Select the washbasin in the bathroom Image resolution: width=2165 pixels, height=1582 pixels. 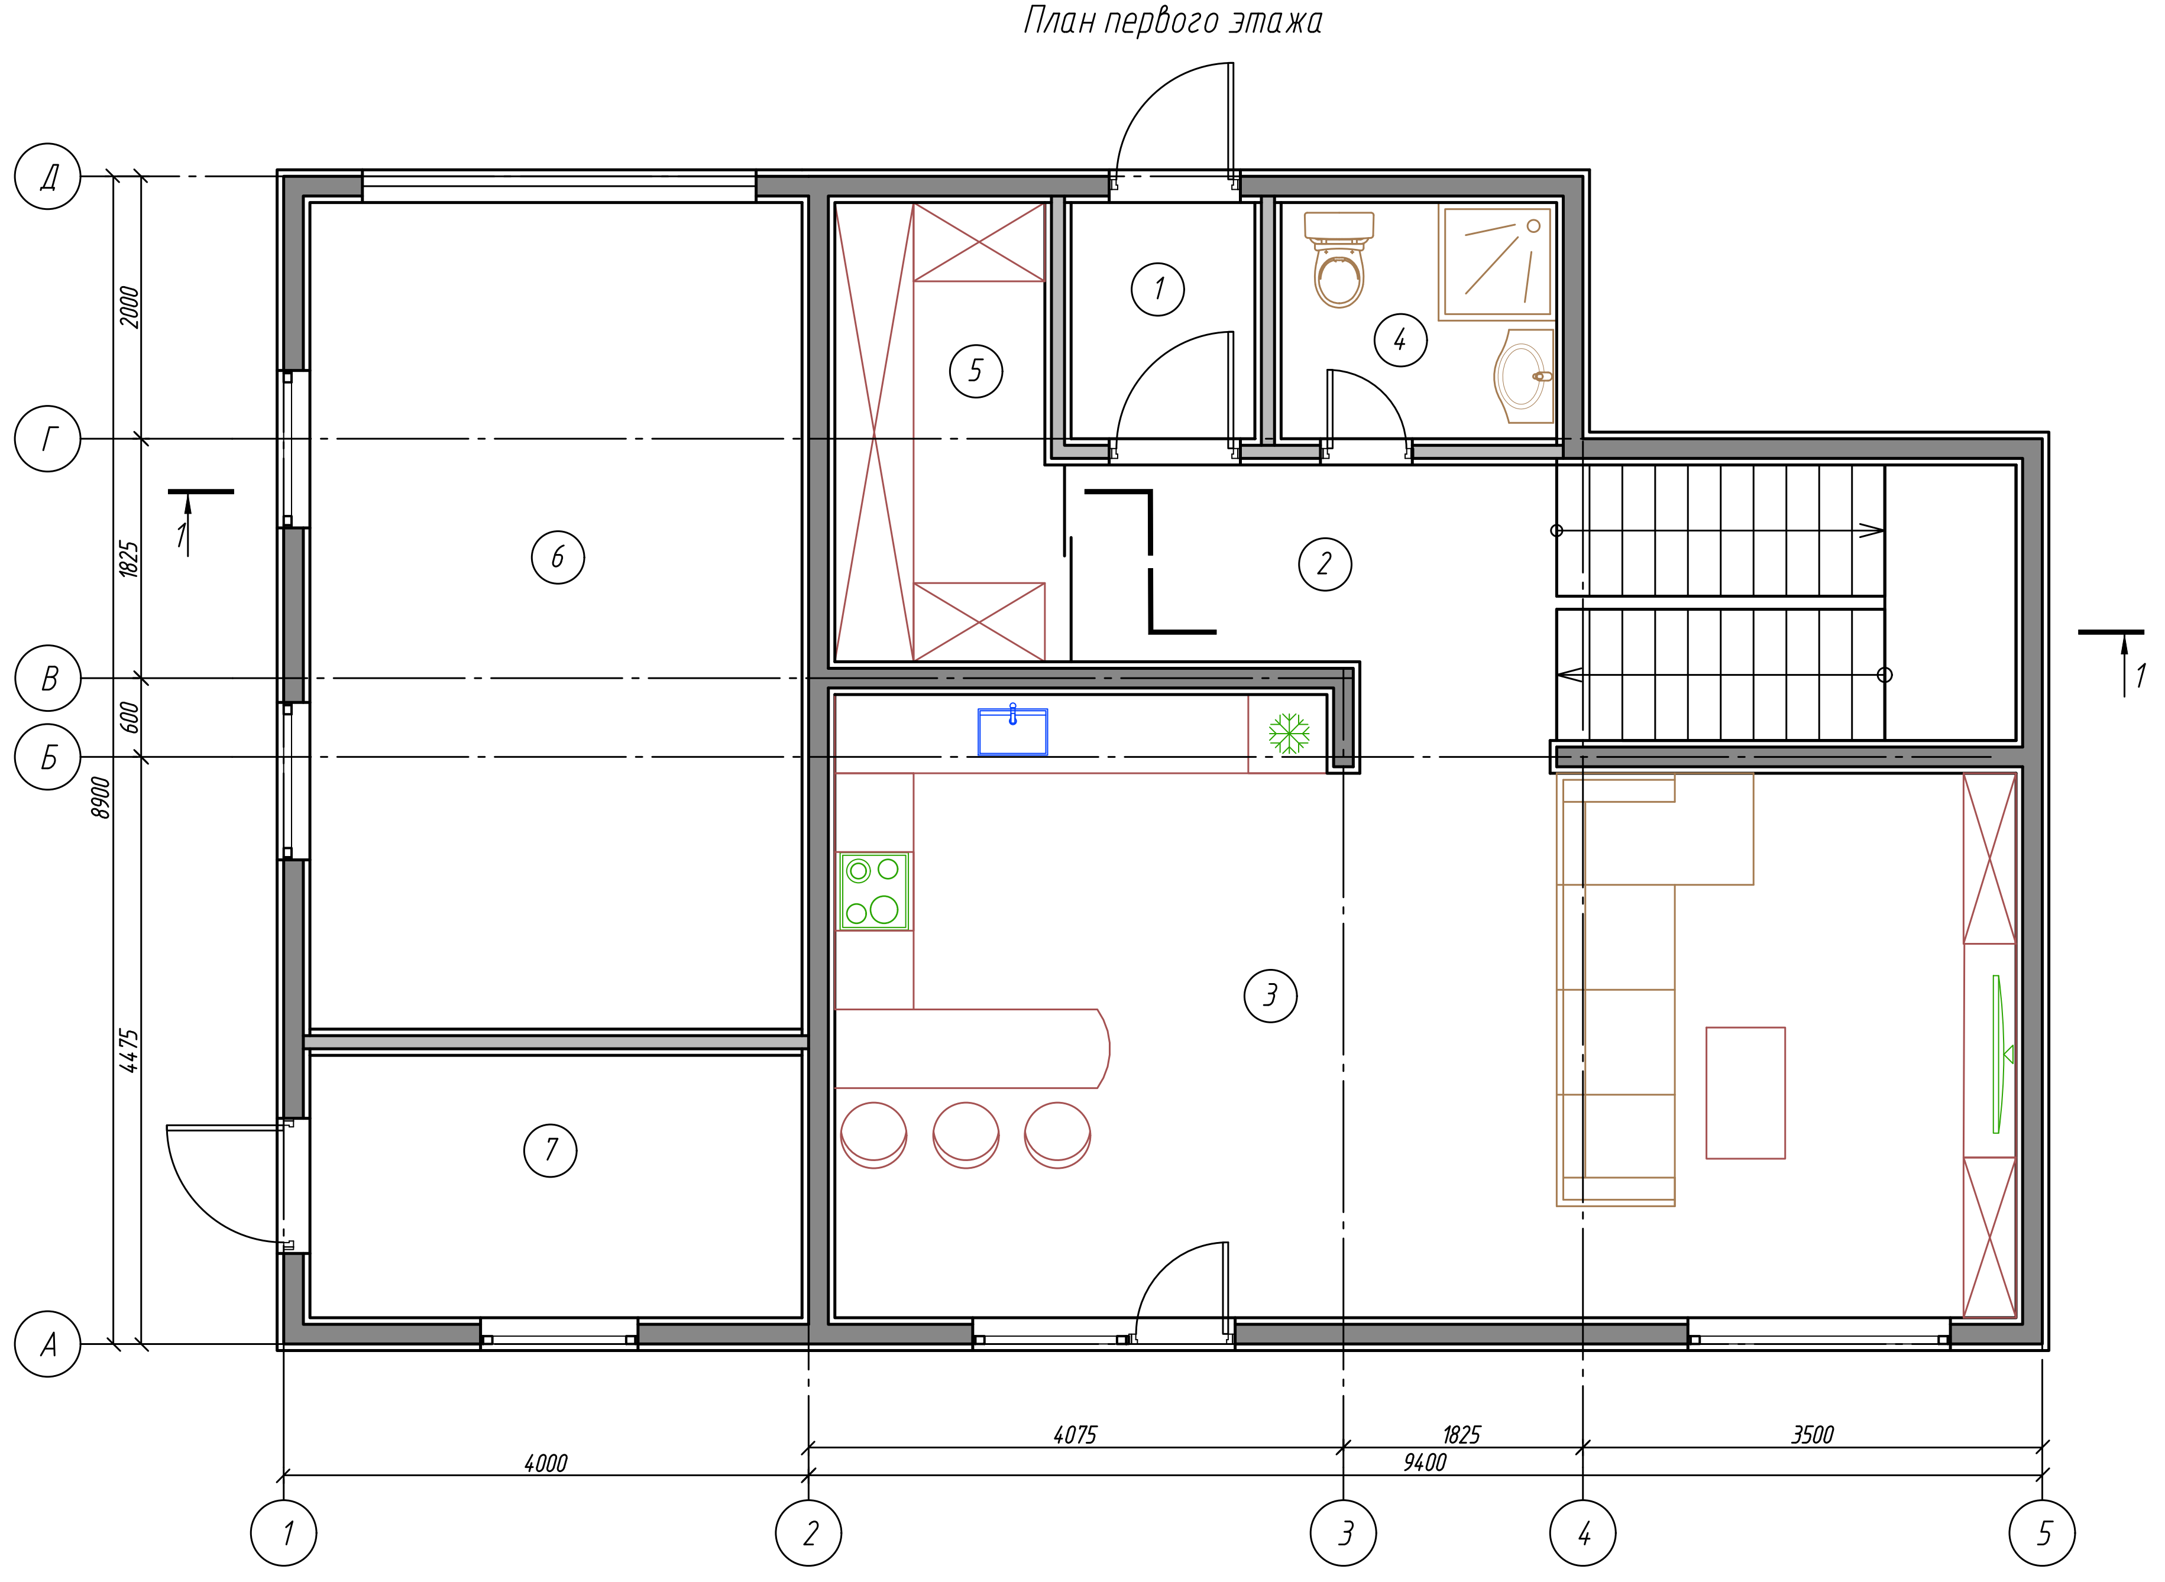tap(1524, 377)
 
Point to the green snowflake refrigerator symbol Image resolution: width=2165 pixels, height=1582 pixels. tap(1289, 734)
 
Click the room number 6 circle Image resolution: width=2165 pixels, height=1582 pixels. tap(558, 557)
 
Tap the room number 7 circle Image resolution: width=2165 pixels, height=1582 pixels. tap(551, 1150)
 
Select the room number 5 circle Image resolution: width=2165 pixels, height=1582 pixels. tap(976, 371)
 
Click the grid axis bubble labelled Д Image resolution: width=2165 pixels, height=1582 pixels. tap(48, 176)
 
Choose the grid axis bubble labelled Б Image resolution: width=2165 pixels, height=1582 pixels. tap(48, 757)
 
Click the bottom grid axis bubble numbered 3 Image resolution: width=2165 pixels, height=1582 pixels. tap(1343, 1533)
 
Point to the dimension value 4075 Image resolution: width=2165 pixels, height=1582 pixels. tap(1075, 1435)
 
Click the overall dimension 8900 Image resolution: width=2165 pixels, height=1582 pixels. tap(101, 797)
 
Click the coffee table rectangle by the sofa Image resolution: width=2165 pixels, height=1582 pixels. tap(1745, 1093)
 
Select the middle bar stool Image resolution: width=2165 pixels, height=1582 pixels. tap(966, 1135)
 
